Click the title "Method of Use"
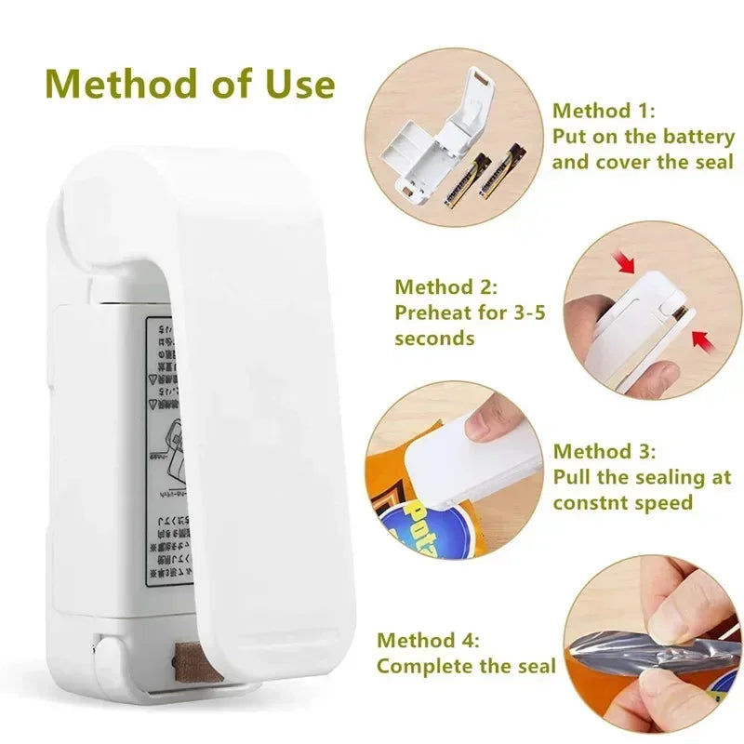[191, 84]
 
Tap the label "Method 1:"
[604, 111]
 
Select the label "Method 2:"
[446, 287]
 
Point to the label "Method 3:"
[604, 452]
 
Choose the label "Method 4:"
[429, 641]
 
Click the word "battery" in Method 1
[698, 137]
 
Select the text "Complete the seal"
[466, 666]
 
